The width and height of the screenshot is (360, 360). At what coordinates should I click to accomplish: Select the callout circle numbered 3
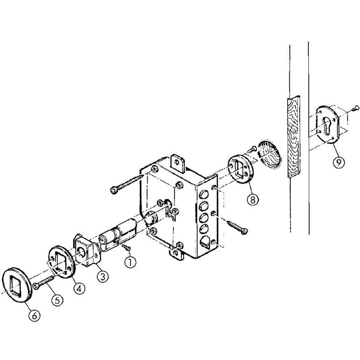[103, 276]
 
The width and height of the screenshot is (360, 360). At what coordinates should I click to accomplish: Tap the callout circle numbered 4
[79, 288]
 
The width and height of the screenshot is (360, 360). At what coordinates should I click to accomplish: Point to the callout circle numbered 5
[57, 300]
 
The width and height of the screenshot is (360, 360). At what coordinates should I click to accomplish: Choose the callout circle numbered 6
[34, 315]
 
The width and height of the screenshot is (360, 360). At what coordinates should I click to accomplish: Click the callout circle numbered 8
[252, 199]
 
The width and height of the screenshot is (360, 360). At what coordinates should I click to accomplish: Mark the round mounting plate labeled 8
[241, 169]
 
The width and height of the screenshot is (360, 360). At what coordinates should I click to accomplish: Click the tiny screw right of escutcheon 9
[355, 107]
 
